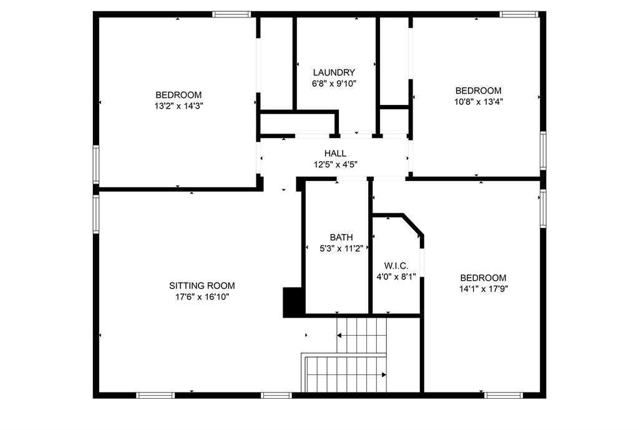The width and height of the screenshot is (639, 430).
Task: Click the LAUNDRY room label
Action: pyautogui.click(x=334, y=72)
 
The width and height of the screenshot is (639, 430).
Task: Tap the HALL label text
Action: pyautogui.click(x=335, y=154)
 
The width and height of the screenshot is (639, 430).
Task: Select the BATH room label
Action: pyautogui.click(x=341, y=237)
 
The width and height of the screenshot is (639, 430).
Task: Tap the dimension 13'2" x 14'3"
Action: pyautogui.click(x=179, y=105)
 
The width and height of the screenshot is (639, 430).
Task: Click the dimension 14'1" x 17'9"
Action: pyautogui.click(x=483, y=289)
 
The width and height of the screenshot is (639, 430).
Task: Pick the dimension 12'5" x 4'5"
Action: pyautogui.click(x=335, y=165)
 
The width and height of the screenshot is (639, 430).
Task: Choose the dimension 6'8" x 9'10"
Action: pyautogui.click(x=334, y=83)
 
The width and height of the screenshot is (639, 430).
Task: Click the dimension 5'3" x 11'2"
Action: pyautogui.click(x=341, y=248)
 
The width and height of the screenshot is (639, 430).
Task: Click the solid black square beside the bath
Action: pyautogui.click(x=292, y=302)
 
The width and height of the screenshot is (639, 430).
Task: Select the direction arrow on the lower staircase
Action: pyautogui.click(x=383, y=374)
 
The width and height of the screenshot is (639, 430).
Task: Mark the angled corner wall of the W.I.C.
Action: pyautogui.click(x=412, y=225)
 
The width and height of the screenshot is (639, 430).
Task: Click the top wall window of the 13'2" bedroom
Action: pyautogui.click(x=232, y=14)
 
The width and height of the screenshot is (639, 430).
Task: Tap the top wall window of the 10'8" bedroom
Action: pyautogui.click(x=519, y=14)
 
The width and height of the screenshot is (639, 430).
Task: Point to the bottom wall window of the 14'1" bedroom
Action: pyautogui.click(x=504, y=395)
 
